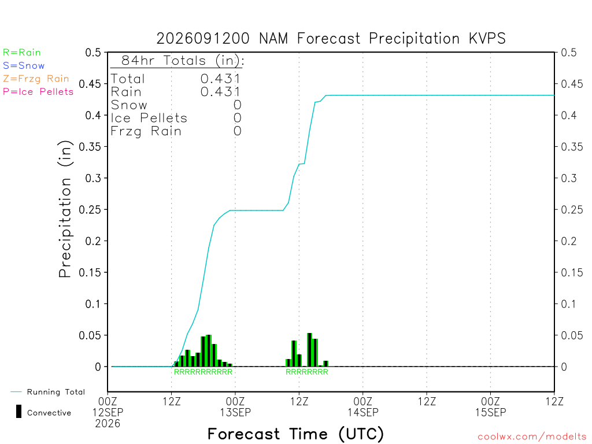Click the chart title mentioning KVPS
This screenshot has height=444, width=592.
[x=331, y=39]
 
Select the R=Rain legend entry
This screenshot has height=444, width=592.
[x=22, y=53]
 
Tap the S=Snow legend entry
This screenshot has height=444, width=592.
[x=24, y=66]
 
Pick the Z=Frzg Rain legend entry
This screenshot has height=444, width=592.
[x=36, y=79]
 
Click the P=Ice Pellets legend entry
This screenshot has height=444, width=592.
[x=38, y=92]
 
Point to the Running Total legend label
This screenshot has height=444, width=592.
[x=56, y=392]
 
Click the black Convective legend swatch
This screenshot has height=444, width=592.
[x=18, y=412]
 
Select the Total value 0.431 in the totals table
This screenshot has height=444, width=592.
[x=220, y=79]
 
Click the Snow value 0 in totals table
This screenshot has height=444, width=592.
[x=237, y=105]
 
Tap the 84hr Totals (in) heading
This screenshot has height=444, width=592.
[x=183, y=60]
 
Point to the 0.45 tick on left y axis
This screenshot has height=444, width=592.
[x=90, y=84]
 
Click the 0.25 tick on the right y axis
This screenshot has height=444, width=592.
[x=572, y=209]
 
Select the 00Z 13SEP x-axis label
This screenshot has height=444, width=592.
[x=235, y=406]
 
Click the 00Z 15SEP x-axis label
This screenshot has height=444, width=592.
[x=490, y=406]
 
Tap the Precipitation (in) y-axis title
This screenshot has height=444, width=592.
[x=65, y=209]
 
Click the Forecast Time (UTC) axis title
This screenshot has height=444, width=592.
[x=295, y=434]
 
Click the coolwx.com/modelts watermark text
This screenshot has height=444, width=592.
[x=532, y=437]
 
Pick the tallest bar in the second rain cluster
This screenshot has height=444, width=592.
[x=310, y=350]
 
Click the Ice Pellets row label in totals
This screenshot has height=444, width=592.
[x=149, y=118]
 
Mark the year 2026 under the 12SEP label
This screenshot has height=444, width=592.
[x=108, y=424]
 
